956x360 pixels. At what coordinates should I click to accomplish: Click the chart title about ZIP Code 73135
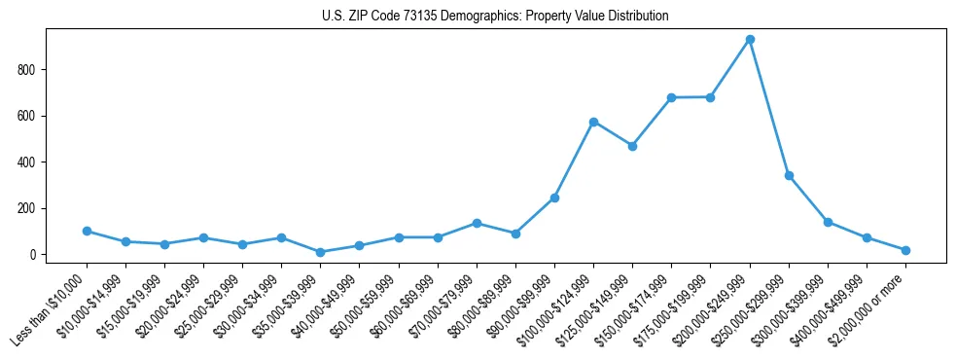pyautogui.click(x=495, y=17)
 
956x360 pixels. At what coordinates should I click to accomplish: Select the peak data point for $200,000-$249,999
pyautogui.click(x=750, y=40)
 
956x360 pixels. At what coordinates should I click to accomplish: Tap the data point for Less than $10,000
pyautogui.click(x=88, y=231)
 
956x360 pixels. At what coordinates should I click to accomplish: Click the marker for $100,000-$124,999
pyautogui.click(x=593, y=122)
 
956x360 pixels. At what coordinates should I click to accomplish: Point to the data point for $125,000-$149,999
pyautogui.click(x=632, y=146)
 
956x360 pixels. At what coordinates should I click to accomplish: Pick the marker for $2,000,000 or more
pyautogui.click(x=905, y=250)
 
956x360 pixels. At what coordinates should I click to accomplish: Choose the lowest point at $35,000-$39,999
pyautogui.click(x=321, y=252)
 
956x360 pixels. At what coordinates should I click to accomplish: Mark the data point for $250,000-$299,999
pyautogui.click(x=789, y=176)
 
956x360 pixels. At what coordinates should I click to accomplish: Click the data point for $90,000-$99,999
pyautogui.click(x=554, y=198)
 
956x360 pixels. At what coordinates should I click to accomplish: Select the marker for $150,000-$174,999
pyautogui.click(x=671, y=97)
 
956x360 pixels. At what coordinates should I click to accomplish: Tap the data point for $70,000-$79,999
pyautogui.click(x=477, y=223)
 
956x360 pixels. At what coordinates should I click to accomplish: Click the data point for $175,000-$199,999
pyautogui.click(x=710, y=97)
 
